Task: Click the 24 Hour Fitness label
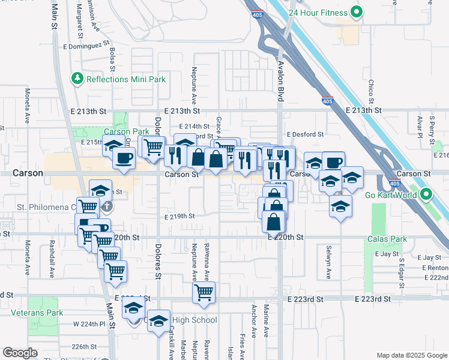click(318, 12)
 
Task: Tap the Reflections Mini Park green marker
click(77, 79)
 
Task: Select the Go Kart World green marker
click(426, 194)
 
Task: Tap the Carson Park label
click(126, 131)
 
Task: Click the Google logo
click(20, 353)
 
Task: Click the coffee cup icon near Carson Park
click(124, 158)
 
